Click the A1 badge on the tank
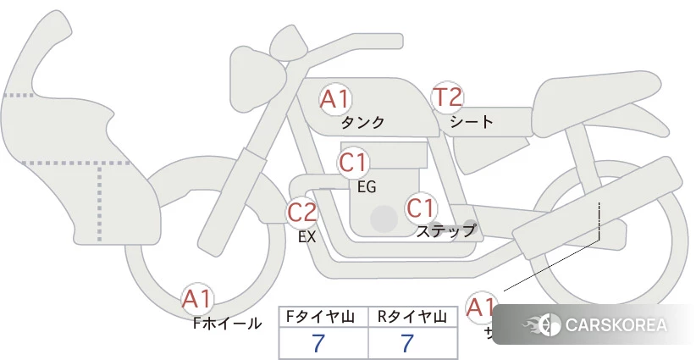335,99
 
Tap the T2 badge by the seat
448,98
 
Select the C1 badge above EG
354,163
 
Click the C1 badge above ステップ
421,208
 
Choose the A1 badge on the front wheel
198,299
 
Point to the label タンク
362,122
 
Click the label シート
472,121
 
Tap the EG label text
367,186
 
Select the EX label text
307,237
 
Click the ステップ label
445,230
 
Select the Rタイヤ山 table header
412,317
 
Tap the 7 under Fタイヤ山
318,344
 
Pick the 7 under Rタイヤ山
407,344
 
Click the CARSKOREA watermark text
615,325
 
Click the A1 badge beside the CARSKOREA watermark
482,307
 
